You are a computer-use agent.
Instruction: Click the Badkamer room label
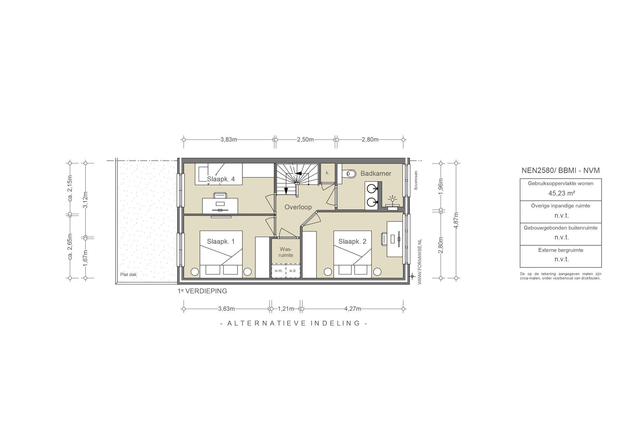pos(376,173)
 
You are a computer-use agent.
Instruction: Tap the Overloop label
pos(298,207)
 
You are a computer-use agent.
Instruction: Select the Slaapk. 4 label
pos(221,179)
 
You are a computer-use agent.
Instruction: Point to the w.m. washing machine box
pos(279,271)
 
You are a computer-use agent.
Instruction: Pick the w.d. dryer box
pos(293,271)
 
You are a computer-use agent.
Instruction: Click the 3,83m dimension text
pos(229,140)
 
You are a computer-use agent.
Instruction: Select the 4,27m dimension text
pos(352,309)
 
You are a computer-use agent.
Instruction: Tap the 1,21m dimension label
pos(286,309)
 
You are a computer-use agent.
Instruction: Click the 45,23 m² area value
pos(560,193)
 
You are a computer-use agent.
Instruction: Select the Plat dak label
pos(128,274)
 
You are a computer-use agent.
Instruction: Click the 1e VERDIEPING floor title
pos(202,291)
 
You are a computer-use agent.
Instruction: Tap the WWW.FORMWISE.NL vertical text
pos(420,262)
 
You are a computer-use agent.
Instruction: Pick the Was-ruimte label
pos(286,252)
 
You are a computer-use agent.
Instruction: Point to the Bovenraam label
pos(416,180)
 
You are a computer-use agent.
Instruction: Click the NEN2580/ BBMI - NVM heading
pos(560,170)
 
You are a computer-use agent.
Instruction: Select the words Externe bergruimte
pos(561,250)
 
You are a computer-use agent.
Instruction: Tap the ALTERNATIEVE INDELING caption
pos(294,323)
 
